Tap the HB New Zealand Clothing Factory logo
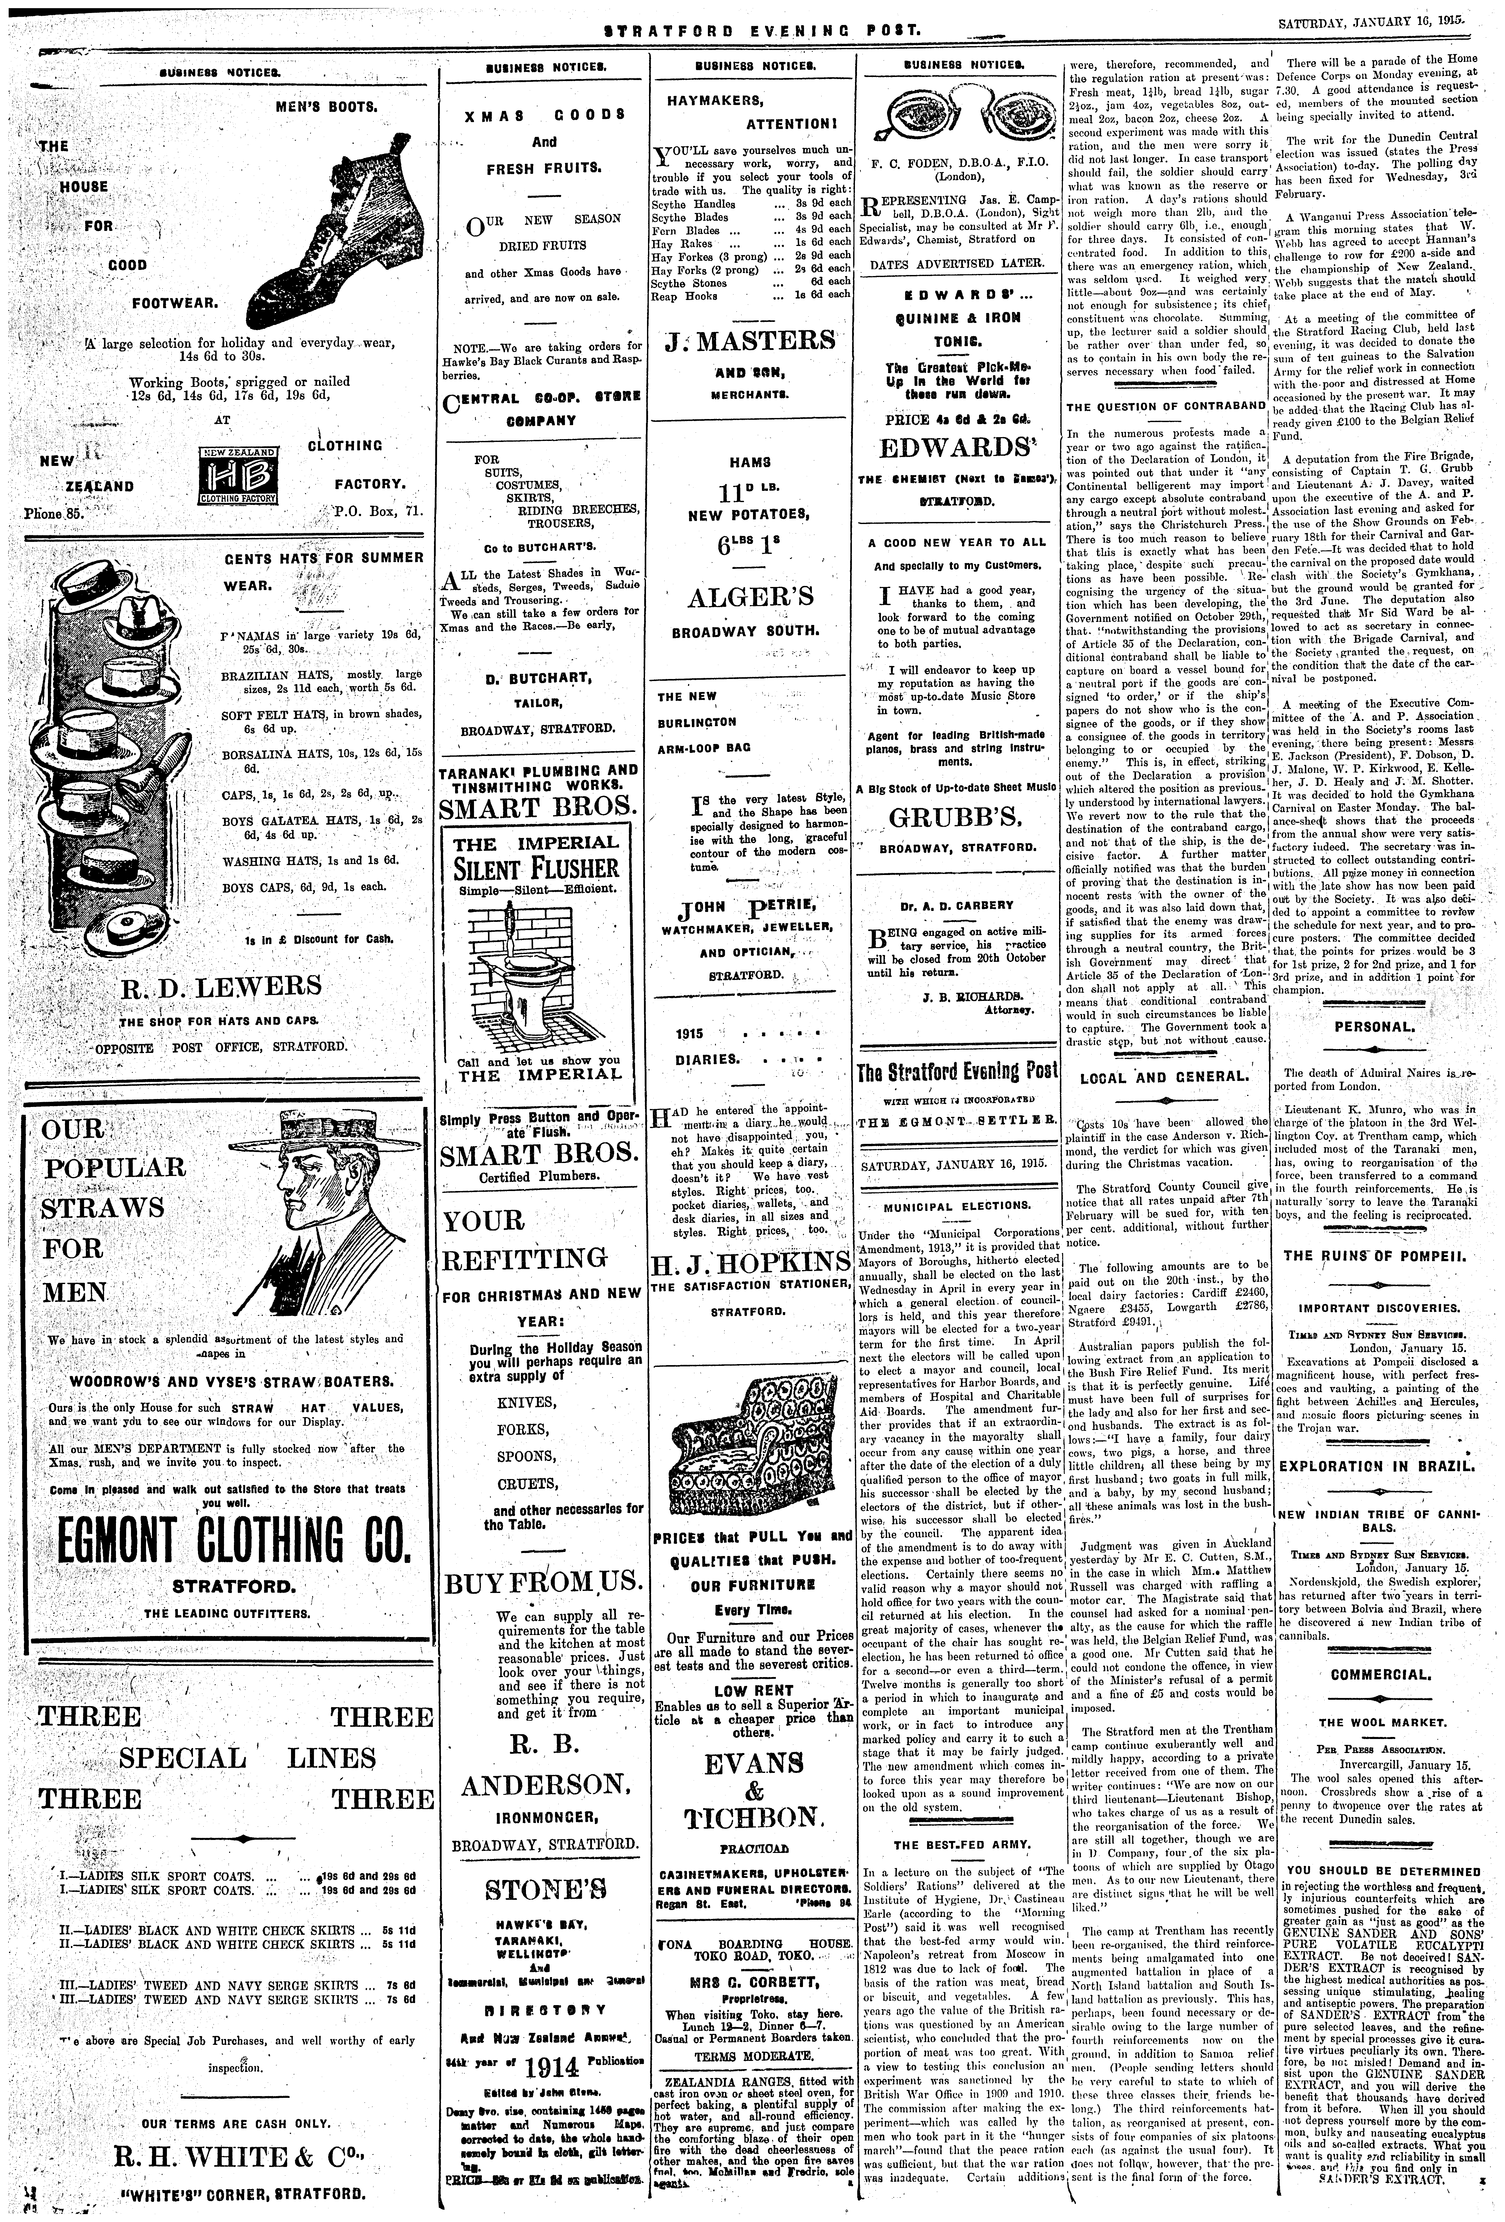pos(237,474)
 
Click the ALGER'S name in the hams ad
pos(751,597)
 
